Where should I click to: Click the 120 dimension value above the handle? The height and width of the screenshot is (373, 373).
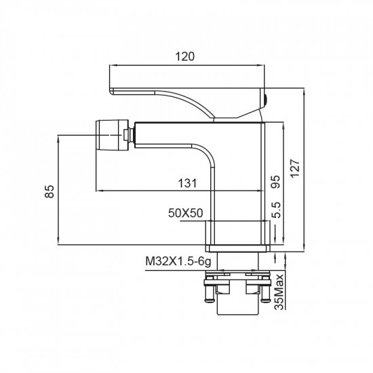[x=184, y=58]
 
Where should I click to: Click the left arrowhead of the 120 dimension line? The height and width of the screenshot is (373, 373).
[x=113, y=66]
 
